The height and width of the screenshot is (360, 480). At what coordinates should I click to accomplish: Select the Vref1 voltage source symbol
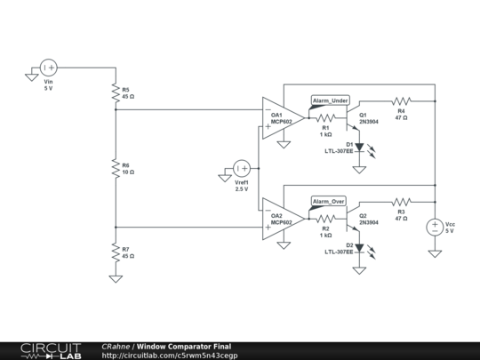pos(241,166)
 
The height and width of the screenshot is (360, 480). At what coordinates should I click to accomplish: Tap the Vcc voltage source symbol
pos(435,227)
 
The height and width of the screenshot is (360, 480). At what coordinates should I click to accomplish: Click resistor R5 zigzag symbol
pos(116,92)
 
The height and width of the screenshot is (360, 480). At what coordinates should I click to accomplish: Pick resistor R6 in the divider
pos(116,166)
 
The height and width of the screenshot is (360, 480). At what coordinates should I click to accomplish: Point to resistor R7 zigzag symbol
pos(116,252)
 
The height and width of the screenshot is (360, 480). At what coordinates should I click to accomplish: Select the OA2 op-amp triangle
pos(282,220)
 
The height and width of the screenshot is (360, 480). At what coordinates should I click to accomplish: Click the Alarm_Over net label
pos(328,202)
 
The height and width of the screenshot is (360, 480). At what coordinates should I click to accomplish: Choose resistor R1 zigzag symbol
pos(325,117)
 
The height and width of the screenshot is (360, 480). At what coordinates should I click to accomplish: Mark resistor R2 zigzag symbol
pos(325,219)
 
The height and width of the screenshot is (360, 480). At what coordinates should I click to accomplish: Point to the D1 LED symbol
pos(359,146)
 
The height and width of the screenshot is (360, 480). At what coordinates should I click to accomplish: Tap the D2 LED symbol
pos(359,247)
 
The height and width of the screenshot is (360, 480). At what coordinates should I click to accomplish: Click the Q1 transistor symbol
pos(356,115)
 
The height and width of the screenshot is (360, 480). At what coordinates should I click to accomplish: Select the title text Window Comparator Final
pos(184,346)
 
